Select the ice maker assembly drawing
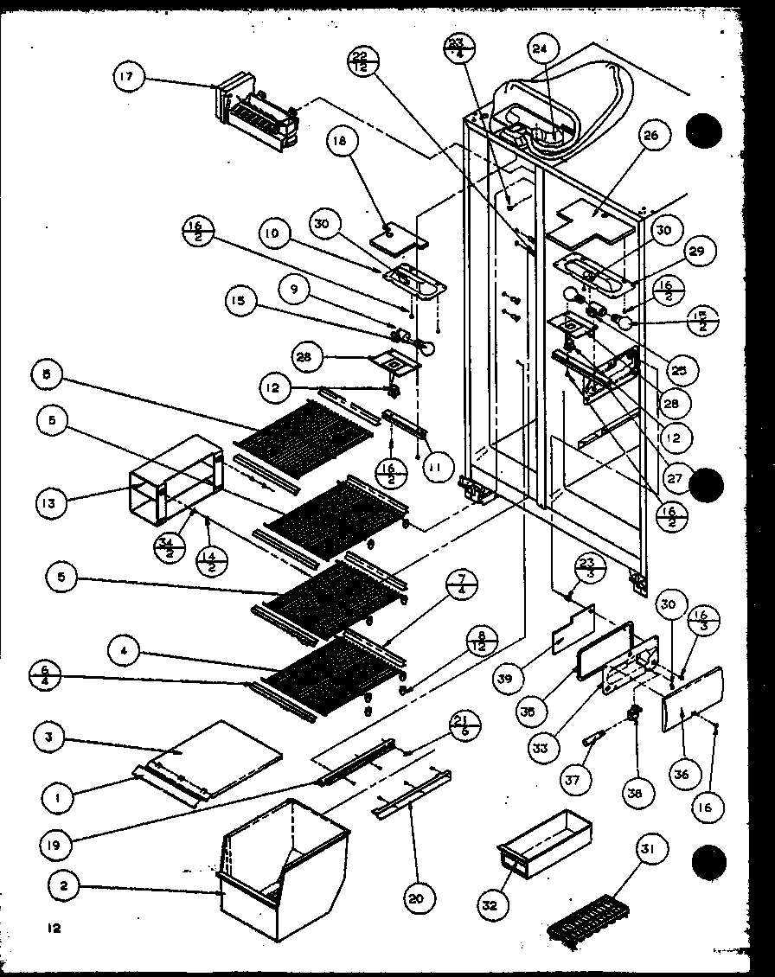point(258,109)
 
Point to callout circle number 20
point(415,899)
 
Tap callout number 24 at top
point(540,50)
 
